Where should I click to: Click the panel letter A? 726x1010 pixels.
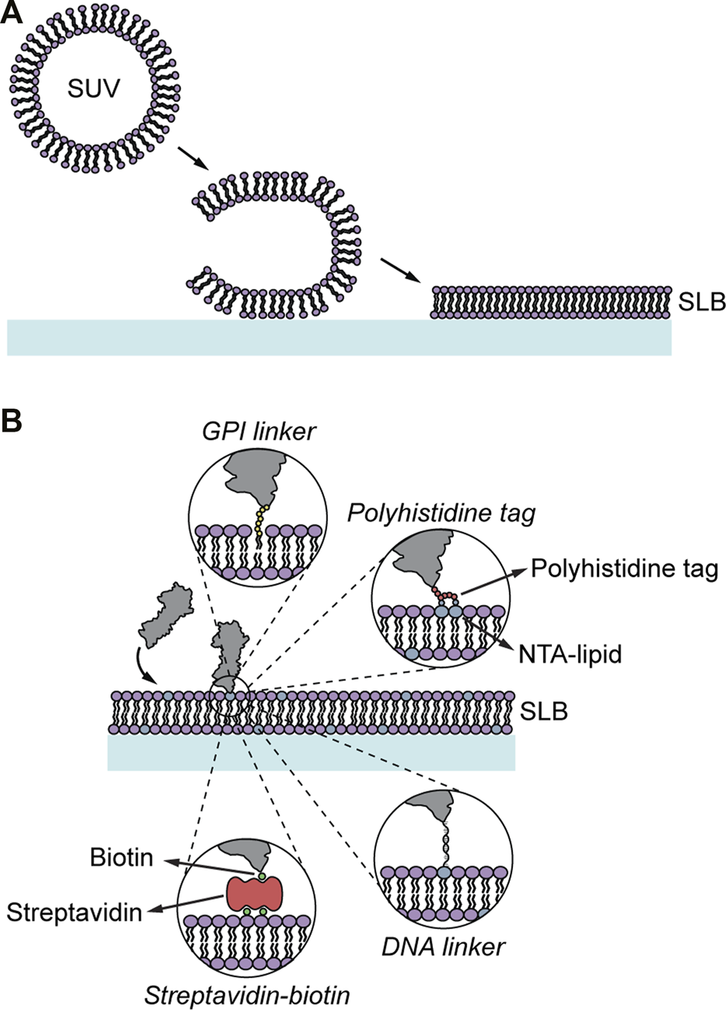(13, 15)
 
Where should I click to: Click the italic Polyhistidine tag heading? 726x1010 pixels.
(441, 514)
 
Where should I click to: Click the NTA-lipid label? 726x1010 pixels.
(571, 655)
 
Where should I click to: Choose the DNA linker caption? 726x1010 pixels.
(444, 946)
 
